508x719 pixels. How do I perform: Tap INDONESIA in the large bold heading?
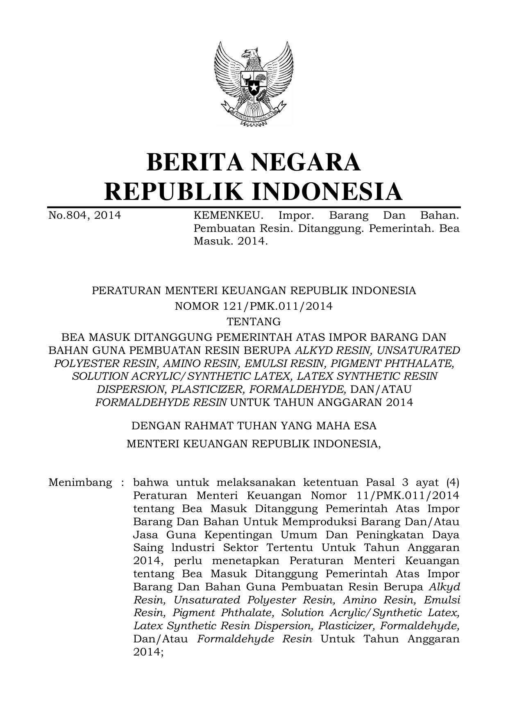[327, 192]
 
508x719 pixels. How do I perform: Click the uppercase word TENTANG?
[254, 321]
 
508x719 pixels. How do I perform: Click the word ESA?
[366, 426]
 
